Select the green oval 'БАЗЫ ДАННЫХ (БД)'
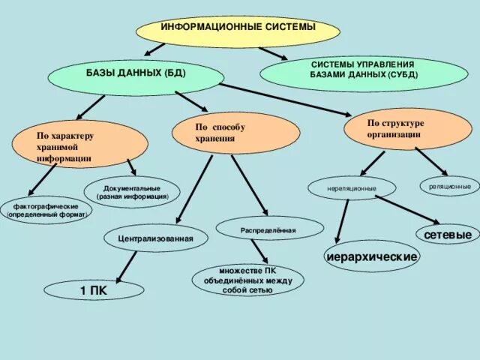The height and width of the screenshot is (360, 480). click(x=136, y=76)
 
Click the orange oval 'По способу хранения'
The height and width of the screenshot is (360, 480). click(x=235, y=133)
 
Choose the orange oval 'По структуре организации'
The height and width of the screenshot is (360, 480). click(x=397, y=128)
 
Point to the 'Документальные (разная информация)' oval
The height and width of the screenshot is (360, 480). click(x=132, y=192)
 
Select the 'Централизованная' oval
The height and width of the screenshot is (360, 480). click(x=155, y=238)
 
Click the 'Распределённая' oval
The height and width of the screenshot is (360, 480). click(x=269, y=229)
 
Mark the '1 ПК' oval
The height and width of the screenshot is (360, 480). click(x=94, y=289)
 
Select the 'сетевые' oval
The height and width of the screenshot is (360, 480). click(x=447, y=235)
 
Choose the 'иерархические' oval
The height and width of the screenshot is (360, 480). click(x=372, y=257)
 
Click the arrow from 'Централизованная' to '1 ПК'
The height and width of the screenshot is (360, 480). click(x=127, y=266)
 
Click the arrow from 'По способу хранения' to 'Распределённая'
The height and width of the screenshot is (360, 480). click(x=249, y=184)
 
